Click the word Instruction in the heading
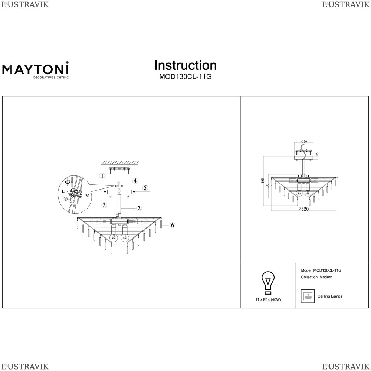tap(185, 65)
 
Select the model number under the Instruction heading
tap(185, 77)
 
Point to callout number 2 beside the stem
tap(138, 208)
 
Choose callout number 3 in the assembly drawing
tap(105, 205)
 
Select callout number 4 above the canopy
tap(135, 181)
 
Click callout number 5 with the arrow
tap(145, 188)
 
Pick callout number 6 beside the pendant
tap(172, 225)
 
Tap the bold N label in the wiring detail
tap(87, 196)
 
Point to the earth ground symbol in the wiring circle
tap(66, 199)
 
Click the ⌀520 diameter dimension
tap(304, 209)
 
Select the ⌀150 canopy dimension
tap(303, 142)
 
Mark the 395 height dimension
tap(263, 181)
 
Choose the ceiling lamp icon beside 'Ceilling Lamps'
tap(306, 296)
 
